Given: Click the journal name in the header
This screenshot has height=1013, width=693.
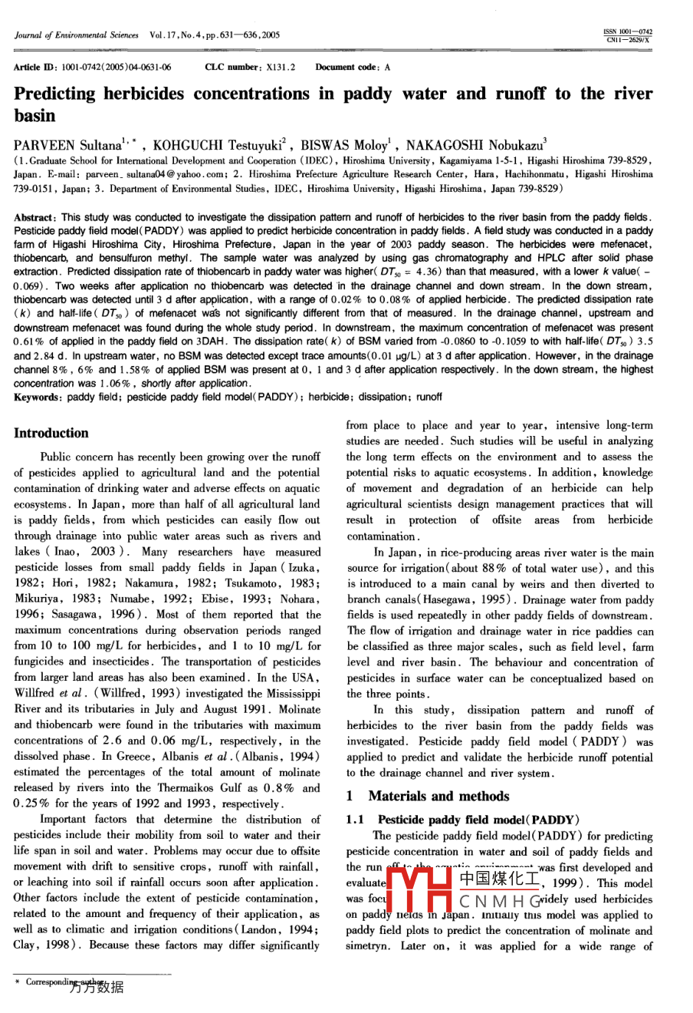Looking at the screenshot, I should [77, 35].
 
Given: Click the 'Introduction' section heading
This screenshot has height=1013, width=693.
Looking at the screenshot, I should [51, 433].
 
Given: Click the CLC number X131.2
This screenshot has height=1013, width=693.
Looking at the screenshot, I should [281, 68].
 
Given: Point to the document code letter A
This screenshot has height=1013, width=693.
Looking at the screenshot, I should [387, 68].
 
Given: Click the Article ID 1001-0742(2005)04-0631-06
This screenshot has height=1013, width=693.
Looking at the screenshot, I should [111, 68].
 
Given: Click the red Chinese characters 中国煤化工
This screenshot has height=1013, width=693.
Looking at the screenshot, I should [499, 876].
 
